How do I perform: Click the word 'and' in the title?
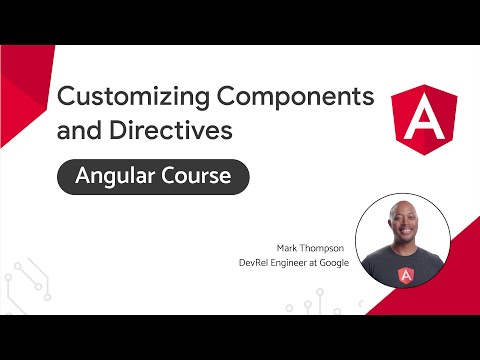(79, 130)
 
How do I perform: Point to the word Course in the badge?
(195, 178)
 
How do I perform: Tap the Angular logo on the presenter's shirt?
(405, 276)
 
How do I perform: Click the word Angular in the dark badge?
(107, 178)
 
